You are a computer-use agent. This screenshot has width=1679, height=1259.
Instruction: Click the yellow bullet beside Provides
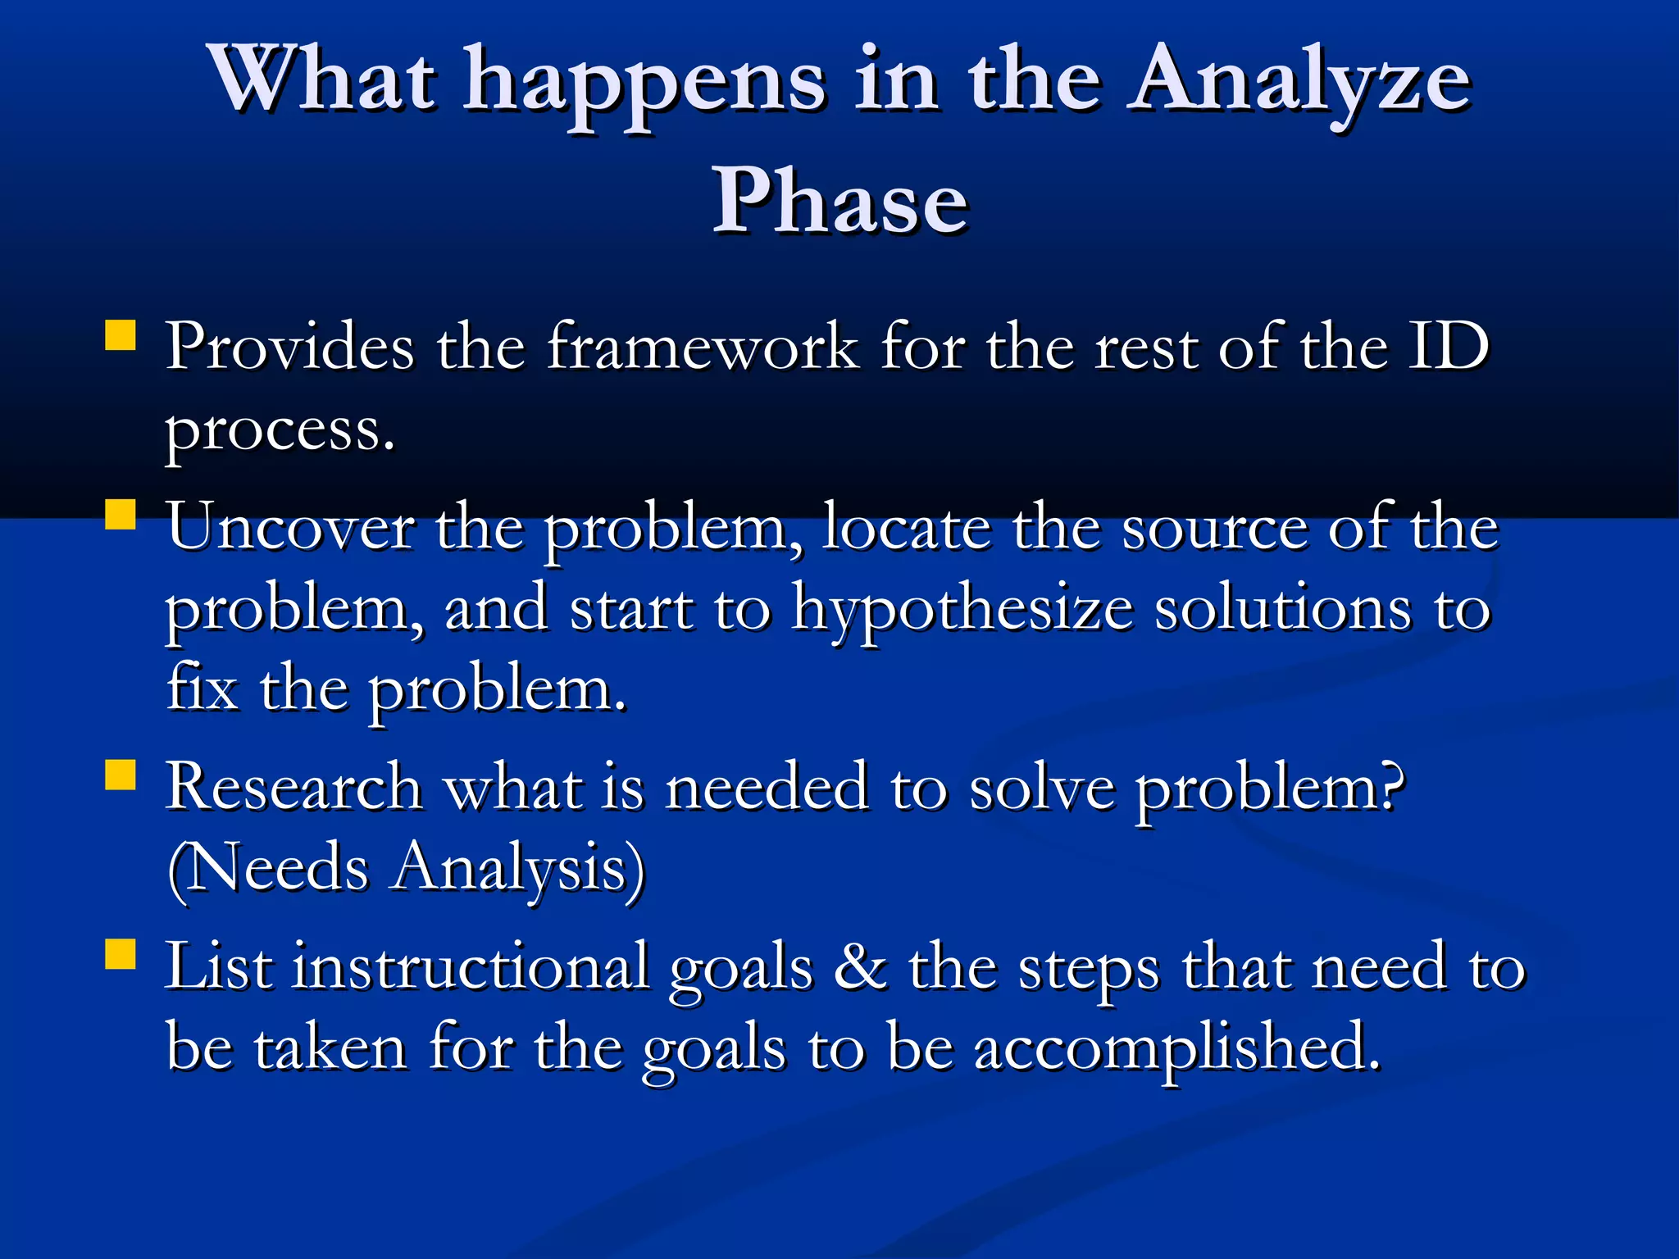click(x=121, y=336)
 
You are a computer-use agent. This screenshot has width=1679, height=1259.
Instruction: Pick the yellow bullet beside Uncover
click(x=121, y=516)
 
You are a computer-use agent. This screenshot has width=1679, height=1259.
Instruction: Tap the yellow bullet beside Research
click(x=121, y=775)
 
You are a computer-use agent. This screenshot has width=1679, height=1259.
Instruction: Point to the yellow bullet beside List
click(x=121, y=955)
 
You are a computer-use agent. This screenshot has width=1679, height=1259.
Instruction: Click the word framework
click(x=703, y=347)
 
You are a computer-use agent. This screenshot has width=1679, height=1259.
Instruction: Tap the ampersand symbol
click(x=860, y=968)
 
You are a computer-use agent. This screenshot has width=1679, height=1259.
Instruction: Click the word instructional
click(x=471, y=967)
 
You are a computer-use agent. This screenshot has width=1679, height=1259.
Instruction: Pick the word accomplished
click(x=1176, y=1049)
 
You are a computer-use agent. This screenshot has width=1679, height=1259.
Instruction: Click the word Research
click(x=293, y=788)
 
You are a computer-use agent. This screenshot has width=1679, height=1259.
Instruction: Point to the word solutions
click(x=1283, y=611)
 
